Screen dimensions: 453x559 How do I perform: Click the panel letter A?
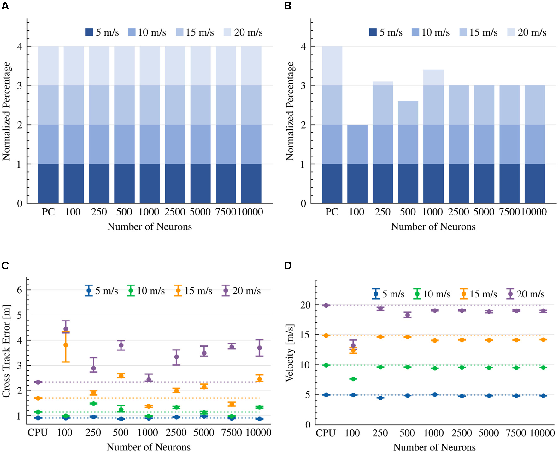[x=5, y=6]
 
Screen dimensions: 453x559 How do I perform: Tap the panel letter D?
[x=288, y=266]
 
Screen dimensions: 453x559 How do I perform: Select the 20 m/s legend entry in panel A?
[x=243, y=32]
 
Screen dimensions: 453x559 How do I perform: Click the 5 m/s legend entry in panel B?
[x=386, y=32]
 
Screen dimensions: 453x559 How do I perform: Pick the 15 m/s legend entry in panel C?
[x=193, y=291]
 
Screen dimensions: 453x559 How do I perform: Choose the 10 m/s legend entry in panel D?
[x=432, y=294]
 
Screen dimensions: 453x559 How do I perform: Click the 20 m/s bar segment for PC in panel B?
[x=332, y=66]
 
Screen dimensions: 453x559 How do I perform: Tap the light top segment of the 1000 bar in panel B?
[x=433, y=77]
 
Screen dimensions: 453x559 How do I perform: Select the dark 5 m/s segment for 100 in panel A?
[x=74, y=183]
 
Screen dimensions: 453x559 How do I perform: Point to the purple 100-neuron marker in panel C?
[x=66, y=329]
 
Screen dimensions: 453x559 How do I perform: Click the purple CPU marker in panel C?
[x=38, y=382]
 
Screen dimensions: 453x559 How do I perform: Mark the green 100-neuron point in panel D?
[x=353, y=379]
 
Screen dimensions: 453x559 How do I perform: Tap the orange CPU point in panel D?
[x=326, y=335]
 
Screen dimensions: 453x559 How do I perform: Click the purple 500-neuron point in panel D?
[x=407, y=315]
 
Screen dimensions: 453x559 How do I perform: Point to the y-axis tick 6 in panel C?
[x=20, y=290]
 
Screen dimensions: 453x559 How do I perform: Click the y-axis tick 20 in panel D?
[x=305, y=305]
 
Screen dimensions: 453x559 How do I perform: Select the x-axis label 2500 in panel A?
[x=175, y=212]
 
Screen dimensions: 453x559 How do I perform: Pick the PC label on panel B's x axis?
[x=332, y=212]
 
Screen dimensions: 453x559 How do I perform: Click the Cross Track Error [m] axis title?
[x=6, y=351]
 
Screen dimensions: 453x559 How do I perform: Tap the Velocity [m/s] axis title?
[x=290, y=352]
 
